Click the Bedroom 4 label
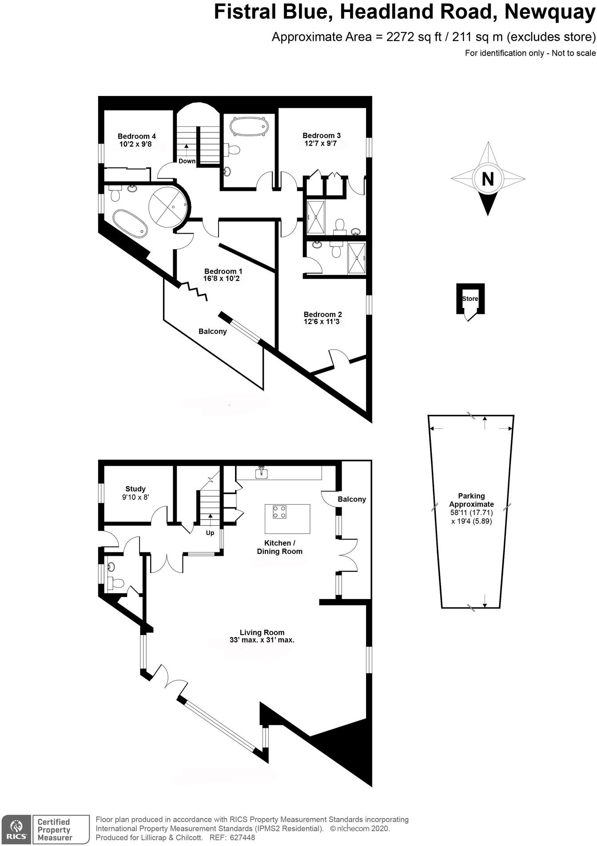[136, 136]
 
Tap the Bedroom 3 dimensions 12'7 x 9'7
[321, 144]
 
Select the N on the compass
[488, 180]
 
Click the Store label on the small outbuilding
[470, 299]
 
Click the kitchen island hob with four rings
[279, 512]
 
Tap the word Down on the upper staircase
[187, 161]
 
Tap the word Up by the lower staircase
[210, 533]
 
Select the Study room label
[135, 489]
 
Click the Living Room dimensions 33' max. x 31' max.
[262, 640]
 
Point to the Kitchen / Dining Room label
[279, 547]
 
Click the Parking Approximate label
[471, 500]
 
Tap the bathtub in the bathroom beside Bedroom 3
[249, 126]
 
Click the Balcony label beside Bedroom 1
[212, 331]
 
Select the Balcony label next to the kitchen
[351, 499]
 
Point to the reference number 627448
[243, 838]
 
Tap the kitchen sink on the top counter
[262, 473]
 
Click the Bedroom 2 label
[322, 314]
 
